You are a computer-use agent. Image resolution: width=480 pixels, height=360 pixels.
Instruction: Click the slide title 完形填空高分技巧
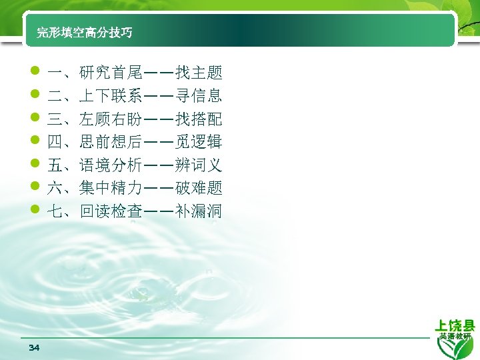pyautogui.click(x=84, y=33)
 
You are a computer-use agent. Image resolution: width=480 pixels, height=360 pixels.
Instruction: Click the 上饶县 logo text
pyautogui.click(x=455, y=325)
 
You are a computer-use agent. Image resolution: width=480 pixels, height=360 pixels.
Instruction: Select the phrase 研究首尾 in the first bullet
pyautogui.click(x=110, y=73)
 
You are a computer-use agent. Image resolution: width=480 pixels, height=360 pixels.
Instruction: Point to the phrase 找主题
pyautogui.click(x=199, y=73)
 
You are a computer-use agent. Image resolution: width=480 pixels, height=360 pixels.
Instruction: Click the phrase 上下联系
pyautogui.click(x=110, y=96)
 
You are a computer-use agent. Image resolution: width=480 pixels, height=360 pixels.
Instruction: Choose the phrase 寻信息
pyautogui.click(x=199, y=96)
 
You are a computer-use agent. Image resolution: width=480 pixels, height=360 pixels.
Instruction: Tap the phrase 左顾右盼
pyautogui.click(x=110, y=119)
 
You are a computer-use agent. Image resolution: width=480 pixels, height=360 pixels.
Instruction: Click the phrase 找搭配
pyautogui.click(x=199, y=119)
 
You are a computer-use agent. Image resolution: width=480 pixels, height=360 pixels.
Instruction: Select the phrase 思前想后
pyautogui.click(x=110, y=143)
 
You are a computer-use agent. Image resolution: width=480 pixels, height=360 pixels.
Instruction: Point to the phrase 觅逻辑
pyautogui.click(x=199, y=143)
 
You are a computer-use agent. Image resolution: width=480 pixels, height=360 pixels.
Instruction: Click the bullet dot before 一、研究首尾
pyautogui.click(x=35, y=71)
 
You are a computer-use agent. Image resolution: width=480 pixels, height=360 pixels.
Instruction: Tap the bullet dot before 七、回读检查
pyautogui.click(x=35, y=211)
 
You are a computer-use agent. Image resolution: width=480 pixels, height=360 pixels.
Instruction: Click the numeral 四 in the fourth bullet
pyautogui.click(x=55, y=143)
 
